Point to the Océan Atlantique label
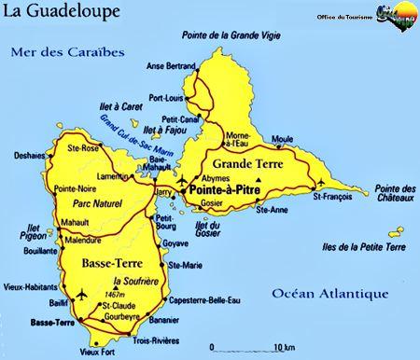pos(329,294)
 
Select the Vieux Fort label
pos(96,352)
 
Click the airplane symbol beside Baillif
pos(79,295)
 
